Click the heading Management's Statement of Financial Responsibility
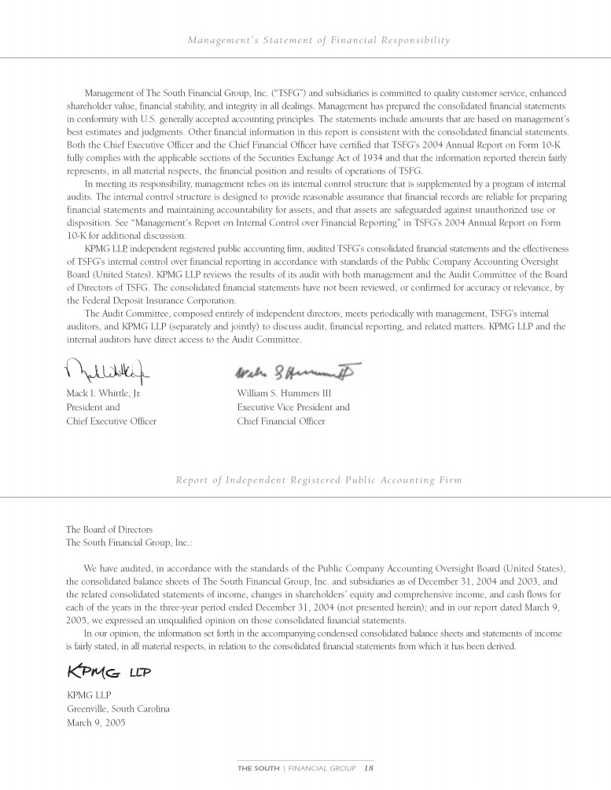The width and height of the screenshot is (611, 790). pyautogui.click(x=319, y=39)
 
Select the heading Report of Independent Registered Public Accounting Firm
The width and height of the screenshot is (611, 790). pyautogui.click(x=319, y=480)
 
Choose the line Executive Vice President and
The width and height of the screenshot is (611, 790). pyautogui.click(x=293, y=407)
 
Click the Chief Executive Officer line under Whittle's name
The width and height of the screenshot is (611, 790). pyautogui.click(x=111, y=421)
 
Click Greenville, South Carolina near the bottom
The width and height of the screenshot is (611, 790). pyautogui.click(x=118, y=708)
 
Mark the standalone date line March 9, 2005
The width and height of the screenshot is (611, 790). pyautogui.click(x=96, y=722)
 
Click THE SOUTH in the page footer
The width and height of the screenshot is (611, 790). pyautogui.click(x=258, y=768)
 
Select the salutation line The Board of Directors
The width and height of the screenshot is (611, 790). pyautogui.click(x=109, y=529)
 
